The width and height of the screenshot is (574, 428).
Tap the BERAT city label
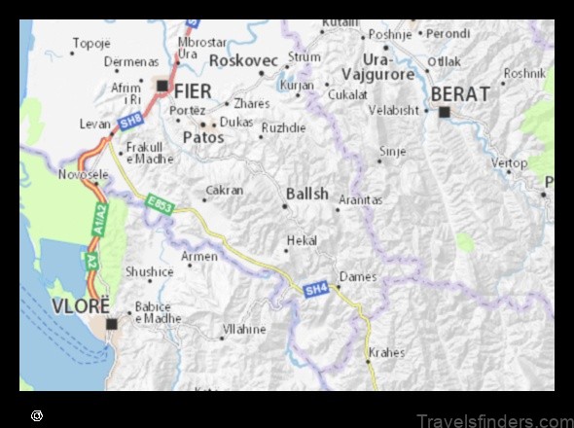455,93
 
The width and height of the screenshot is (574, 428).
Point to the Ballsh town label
307,194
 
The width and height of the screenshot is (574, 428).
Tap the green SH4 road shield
315,289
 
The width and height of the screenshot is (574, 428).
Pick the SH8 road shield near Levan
130,120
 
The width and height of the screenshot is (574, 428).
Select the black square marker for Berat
445,112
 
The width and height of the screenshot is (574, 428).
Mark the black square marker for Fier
161,85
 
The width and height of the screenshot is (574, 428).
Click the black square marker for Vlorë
112,323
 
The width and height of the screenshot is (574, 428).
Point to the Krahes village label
387,353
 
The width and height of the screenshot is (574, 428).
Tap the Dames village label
358,276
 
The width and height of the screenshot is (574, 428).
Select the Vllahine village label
244,330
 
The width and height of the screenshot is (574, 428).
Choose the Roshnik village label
524,73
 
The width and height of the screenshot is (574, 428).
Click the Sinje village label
392,152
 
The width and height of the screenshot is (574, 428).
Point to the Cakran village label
225,191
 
